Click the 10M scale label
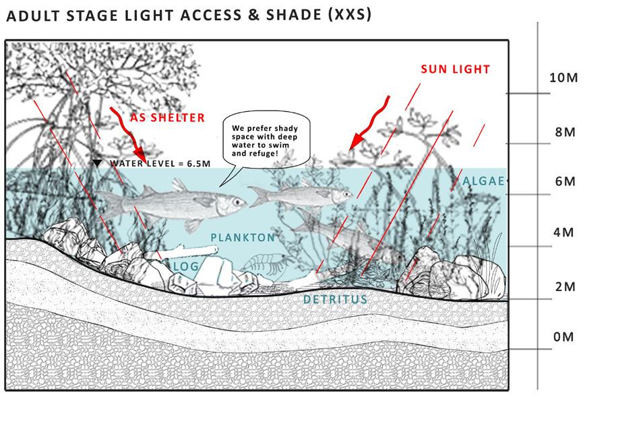pyautogui.click(x=563, y=78)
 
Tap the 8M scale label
pyautogui.click(x=565, y=131)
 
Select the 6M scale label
pyautogui.click(x=565, y=182)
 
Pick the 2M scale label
pyautogui.click(x=565, y=286)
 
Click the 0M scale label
pyautogui.click(x=563, y=337)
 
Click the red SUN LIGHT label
pyautogui.click(x=455, y=69)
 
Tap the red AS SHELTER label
pyautogui.click(x=167, y=118)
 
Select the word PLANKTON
pyautogui.click(x=243, y=237)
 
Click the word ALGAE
pyautogui.click(x=483, y=180)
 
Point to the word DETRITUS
pyautogui.click(x=335, y=299)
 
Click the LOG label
pyautogui.click(x=185, y=267)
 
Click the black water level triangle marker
pyautogui.click(x=98, y=163)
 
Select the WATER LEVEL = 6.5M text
pyautogui.click(x=160, y=163)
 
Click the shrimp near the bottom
pyautogui.click(x=264, y=263)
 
